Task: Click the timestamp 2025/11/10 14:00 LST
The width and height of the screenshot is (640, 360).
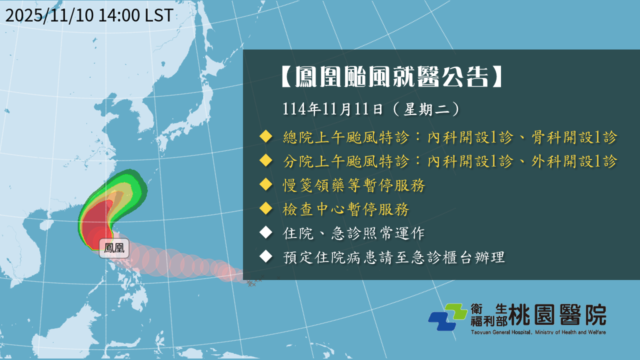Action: coord(89,15)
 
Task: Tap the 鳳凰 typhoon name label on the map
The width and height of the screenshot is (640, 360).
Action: coord(114,248)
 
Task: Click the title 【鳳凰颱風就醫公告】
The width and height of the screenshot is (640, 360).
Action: coord(392,76)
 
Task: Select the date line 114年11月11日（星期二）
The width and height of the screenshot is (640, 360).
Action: coord(371,109)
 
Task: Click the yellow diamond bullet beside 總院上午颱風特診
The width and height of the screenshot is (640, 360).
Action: coord(266,136)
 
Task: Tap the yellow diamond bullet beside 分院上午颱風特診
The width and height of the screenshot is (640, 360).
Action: coord(266,160)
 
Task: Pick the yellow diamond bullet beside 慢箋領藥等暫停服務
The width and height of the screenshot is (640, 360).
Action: coord(266,184)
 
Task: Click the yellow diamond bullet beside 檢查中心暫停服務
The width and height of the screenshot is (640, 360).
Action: coord(266,208)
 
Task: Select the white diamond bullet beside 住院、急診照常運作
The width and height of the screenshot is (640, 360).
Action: coord(266,232)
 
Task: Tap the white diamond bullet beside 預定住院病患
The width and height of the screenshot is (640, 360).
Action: coord(266,256)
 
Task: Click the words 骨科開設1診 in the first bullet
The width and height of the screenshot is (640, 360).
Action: coord(574,137)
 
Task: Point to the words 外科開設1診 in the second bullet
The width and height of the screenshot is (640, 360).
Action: coord(574,161)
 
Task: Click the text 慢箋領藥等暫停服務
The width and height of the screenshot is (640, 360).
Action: coord(353,185)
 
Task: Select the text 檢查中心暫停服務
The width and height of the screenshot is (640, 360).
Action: coord(345,209)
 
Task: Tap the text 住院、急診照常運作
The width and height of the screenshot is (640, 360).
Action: coord(353,233)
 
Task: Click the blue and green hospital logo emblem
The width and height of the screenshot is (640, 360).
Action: coord(447,317)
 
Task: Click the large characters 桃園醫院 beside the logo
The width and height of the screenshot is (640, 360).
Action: coord(557,314)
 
